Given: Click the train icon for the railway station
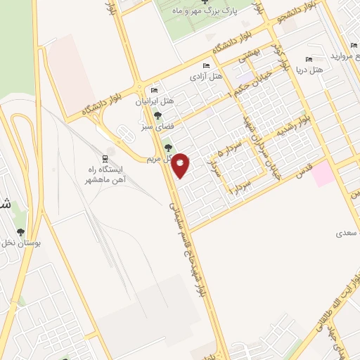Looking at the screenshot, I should click(x=105, y=158).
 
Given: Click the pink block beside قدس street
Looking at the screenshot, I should click(x=323, y=173).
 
